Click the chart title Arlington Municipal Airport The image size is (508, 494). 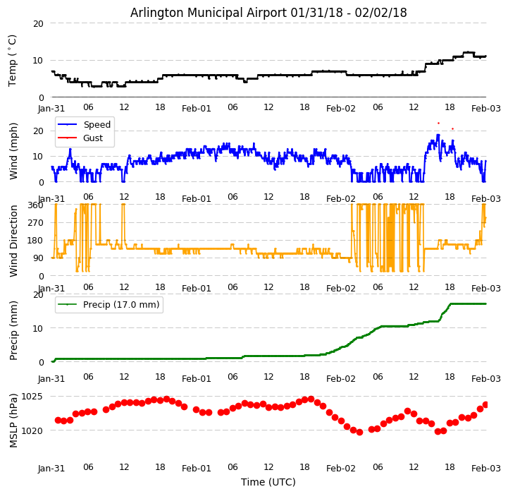(x=268, y=13)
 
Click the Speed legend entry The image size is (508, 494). (x=97, y=125)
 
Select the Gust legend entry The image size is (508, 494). (x=92, y=138)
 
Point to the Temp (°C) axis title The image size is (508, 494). (x=13, y=60)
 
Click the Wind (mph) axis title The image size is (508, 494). (x=13, y=150)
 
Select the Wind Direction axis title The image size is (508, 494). (x=13, y=240)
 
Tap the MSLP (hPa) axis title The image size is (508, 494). (x=13, y=420)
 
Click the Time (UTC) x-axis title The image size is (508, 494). (x=268, y=482)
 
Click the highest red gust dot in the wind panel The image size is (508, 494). (x=438, y=123)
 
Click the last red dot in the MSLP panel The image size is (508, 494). (x=485, y=404)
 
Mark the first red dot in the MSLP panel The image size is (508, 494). (x=58, y=420)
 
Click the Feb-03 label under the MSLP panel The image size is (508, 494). (x=486, y=468)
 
